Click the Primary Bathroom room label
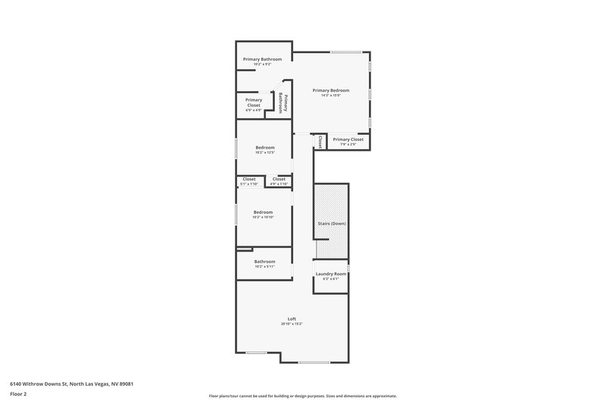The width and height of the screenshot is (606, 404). coord(262,59)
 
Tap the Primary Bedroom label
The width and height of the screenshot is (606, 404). coord(331,90)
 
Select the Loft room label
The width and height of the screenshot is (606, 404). coord(292,318)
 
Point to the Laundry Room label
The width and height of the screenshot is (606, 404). coord(330,273)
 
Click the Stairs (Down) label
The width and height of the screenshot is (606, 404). coord(330,224)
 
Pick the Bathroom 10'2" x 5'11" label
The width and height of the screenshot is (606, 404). coord(264,262)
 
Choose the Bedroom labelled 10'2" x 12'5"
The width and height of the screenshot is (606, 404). coord(264,147)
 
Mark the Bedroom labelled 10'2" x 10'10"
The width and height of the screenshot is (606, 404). coord(263,211)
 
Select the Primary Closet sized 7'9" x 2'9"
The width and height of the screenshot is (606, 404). coord(348,139)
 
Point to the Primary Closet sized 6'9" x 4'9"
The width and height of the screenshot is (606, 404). coord(253,102)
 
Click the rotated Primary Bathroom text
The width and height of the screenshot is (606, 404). coord(282,102)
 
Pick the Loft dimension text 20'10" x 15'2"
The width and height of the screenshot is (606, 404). coord(292,324)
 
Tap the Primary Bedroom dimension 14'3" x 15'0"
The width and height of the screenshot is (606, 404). coord(331,96)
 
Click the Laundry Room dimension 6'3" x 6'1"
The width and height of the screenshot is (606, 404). coord(330,278)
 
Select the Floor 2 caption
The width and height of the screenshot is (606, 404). coord(17,394)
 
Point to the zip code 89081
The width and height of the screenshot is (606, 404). coord(133,384)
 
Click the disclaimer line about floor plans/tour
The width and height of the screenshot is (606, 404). coord(302,396)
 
